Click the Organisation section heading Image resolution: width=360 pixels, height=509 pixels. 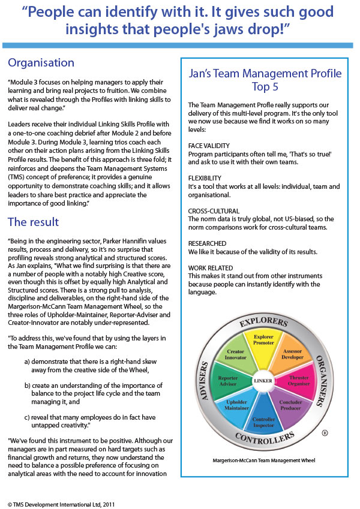tap(41, 63)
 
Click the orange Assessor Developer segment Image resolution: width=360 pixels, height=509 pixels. tap(294, 354)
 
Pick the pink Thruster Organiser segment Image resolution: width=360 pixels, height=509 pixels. tap(300, 381)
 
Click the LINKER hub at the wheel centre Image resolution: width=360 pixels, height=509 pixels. tap(263, 380)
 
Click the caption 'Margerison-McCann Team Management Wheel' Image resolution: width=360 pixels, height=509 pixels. tap(264, 459)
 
